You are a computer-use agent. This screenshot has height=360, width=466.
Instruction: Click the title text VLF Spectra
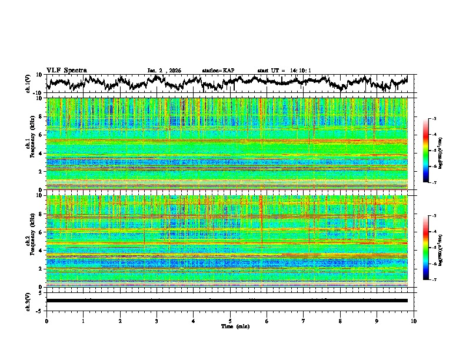click(x=66, y=70)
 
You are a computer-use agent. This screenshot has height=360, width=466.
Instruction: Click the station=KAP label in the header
click(x=218, y=71)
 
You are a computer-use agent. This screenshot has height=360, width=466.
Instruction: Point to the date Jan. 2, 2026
click(x=164, y=71)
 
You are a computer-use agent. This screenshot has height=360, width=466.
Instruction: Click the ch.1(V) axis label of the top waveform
click(x=28, y=83)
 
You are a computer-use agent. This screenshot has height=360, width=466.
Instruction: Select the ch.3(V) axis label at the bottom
click(x=28, y=301)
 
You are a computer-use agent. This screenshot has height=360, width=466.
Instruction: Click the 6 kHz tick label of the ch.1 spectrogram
click(x=39, y=135)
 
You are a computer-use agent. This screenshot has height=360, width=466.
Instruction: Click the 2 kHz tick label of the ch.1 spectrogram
click(x=39, y=172)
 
